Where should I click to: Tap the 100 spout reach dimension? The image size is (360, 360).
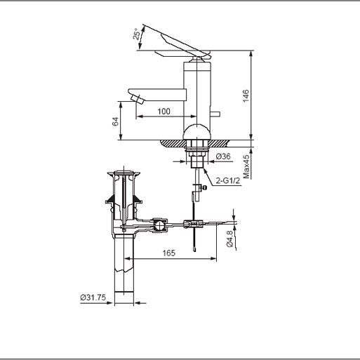coord(164,112)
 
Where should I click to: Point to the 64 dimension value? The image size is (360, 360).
coord(115,120)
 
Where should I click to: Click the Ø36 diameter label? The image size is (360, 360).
coord(223,156)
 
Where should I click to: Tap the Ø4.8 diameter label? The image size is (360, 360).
coord(229,239)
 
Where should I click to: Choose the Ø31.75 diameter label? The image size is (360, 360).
coord(93,297)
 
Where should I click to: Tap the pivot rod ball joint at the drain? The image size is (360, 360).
coord(160,225)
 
